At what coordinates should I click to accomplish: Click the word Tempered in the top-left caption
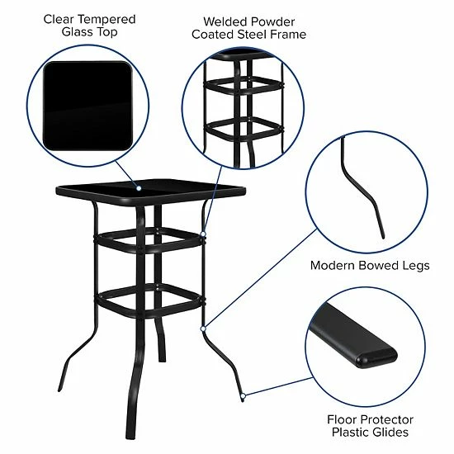coord(101,18)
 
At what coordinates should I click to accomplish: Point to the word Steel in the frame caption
coord(253,35)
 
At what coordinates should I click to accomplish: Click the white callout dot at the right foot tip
coord(244,397)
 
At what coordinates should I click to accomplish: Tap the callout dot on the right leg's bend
coord(202,329)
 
